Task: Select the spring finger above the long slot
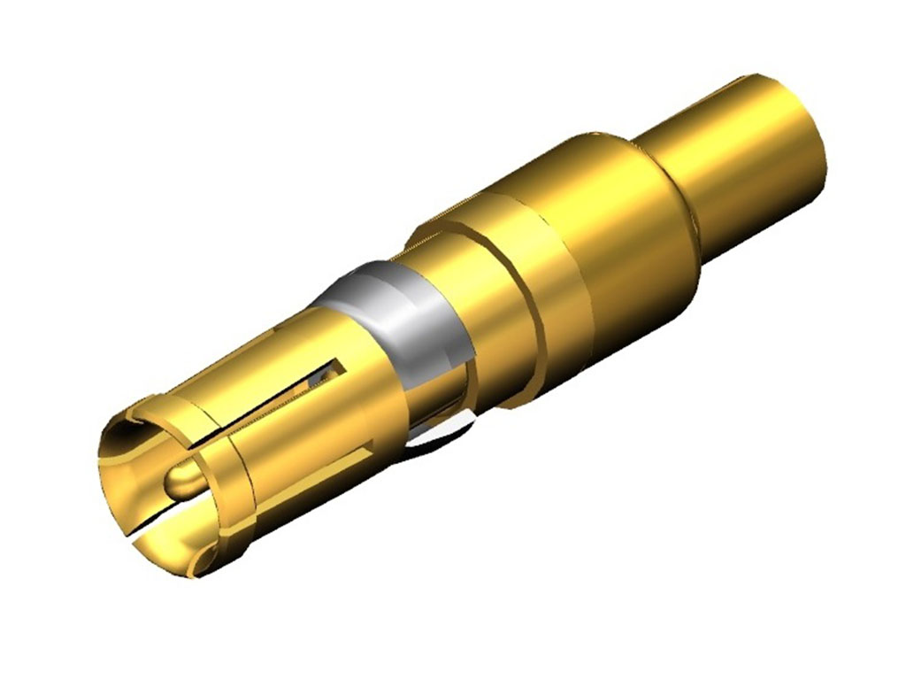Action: click(265, 354)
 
